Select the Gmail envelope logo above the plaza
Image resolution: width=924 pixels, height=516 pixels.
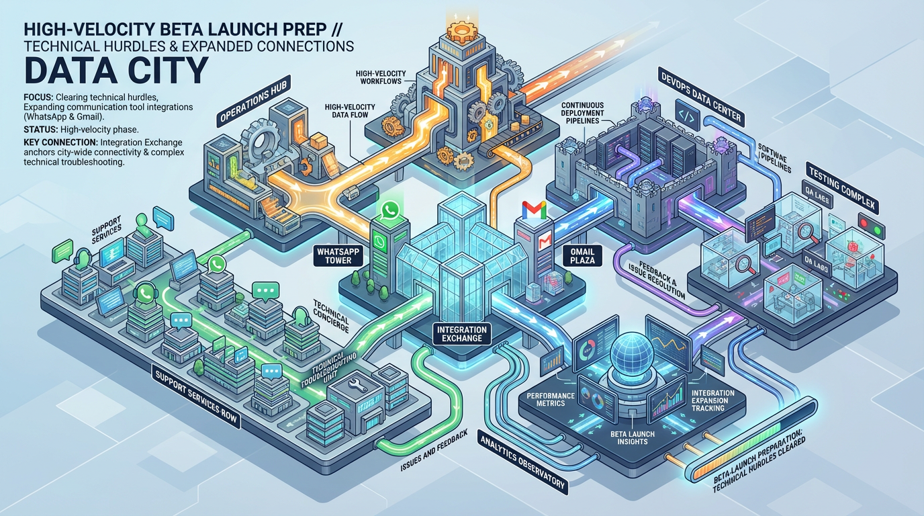pos(534,210)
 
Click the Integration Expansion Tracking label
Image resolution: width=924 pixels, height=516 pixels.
pos(712,401)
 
